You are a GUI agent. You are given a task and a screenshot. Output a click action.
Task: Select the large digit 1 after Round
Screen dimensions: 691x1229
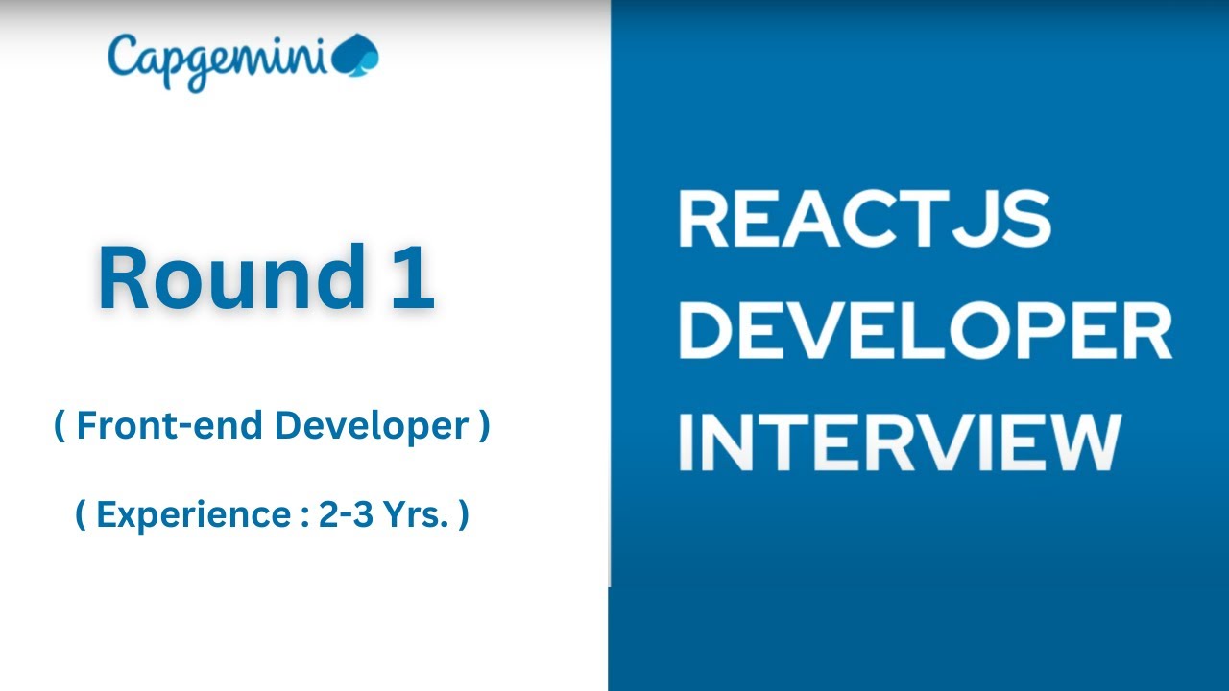(x=413, y=279)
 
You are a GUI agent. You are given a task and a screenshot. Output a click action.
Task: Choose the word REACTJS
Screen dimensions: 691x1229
(x=864, y=220)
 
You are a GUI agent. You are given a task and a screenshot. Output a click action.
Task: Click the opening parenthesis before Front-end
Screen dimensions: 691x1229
(x=60, y=427)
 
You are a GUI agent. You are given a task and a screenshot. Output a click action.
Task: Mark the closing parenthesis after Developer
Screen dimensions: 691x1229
(x=483, y=427)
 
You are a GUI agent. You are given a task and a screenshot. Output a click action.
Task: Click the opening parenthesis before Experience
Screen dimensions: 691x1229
(x=81, y=515)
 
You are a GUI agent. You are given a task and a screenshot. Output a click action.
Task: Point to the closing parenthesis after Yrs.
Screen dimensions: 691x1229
(x=464, y=515)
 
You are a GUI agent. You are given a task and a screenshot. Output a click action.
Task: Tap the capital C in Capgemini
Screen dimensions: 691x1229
(x=124, y=56)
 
